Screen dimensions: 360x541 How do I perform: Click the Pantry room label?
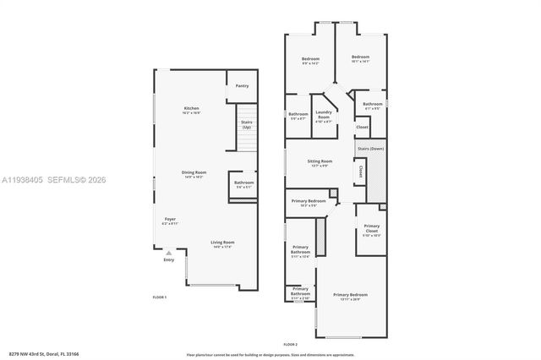(242, 85)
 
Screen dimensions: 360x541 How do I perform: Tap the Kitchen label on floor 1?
(192, 110)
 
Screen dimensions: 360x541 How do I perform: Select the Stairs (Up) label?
(247, 124)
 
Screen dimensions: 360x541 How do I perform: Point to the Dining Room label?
(194, 174)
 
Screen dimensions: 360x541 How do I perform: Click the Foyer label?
(170, 221)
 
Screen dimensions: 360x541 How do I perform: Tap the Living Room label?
(222, 243)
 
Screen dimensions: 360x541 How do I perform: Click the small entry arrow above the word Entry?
(168, 252)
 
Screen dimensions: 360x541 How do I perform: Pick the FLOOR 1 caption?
(159, 297)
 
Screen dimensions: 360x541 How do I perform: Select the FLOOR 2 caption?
(290, 345)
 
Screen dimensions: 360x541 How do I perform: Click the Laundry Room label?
(324, 113)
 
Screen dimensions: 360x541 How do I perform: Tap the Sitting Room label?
(320, 162)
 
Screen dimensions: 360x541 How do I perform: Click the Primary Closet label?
(372, 228)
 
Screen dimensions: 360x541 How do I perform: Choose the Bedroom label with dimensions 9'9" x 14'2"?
(310, 59)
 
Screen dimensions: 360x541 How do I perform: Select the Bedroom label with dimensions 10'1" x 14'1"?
(361, 58)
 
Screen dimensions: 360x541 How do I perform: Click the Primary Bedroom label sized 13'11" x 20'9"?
(350, 297)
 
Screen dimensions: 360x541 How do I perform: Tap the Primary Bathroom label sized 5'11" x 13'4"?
(300, 250)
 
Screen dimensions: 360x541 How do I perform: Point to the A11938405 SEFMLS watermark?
(55, 179)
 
